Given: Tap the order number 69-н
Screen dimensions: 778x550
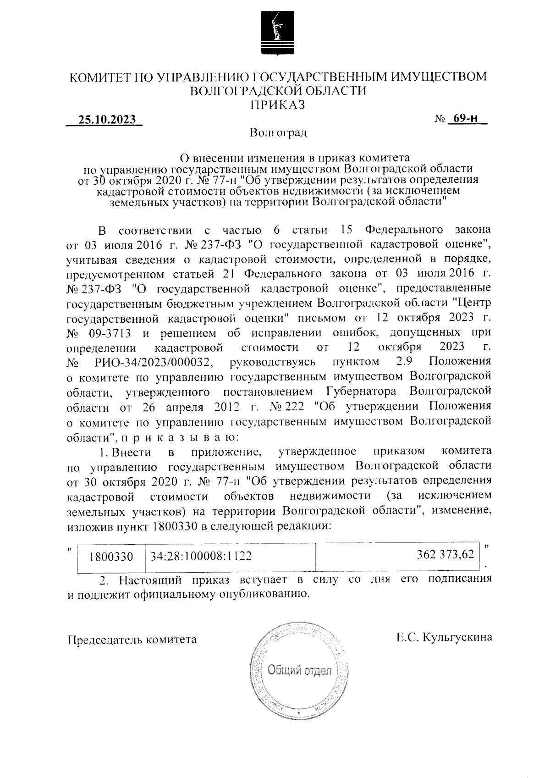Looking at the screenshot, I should (463, 119).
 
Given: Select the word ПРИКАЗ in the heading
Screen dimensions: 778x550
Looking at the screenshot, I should (278, 105).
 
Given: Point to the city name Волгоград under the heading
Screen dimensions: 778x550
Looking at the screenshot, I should (278, 133).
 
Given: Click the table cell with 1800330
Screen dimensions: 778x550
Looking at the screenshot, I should (111, 557).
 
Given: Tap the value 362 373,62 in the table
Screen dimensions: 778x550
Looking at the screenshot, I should (445, 555).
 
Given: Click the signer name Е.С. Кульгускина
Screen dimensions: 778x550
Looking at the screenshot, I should (445, 637).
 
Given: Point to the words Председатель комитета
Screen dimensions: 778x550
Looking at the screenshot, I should (132, 639).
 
